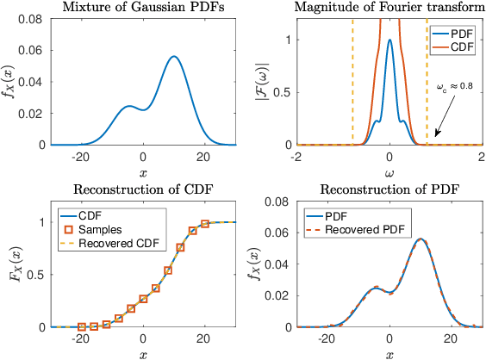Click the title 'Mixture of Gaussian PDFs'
142,8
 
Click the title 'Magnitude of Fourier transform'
389,8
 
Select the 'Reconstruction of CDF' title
142,190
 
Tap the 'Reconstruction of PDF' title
389,190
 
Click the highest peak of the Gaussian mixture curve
174,57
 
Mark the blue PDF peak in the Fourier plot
389,40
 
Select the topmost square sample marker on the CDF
205,224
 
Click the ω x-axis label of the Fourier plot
389,172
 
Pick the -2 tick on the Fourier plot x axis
296,158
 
